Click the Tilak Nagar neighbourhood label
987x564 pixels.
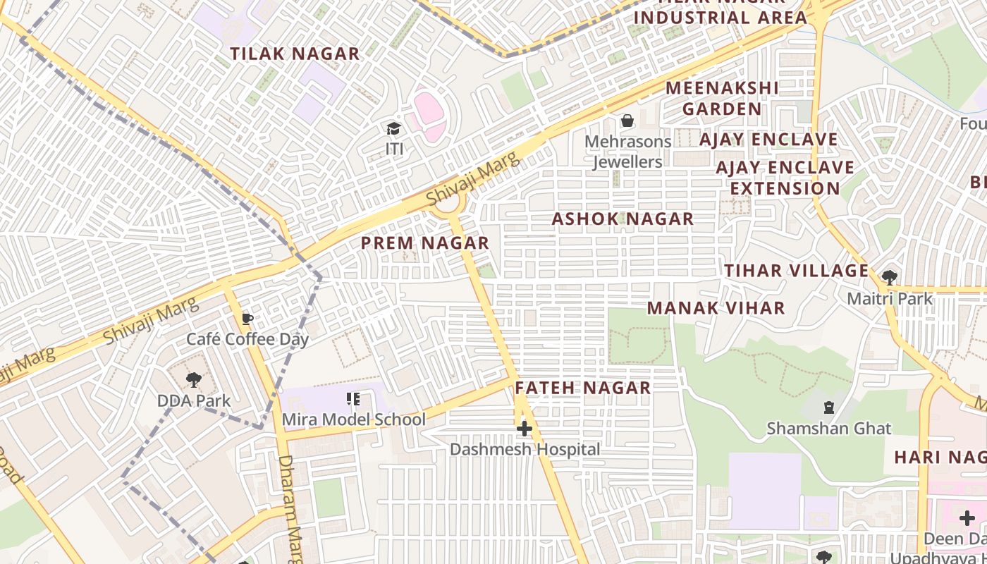[x=295, y=54]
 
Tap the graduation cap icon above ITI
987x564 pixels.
[x=393, y=129]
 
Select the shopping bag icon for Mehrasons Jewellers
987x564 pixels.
[x=627, y=121]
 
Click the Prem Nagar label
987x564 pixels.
[x=425, y=243]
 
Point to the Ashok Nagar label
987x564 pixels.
[x=623, y=219]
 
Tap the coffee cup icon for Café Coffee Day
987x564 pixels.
[x=247, y=319]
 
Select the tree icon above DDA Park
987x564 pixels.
[x=193, y=381]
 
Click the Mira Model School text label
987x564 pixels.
[x=354, y=420]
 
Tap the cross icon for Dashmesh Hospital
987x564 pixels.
[x=524, y=429]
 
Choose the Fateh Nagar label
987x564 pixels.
[x=582, y=388]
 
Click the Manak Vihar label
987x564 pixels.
[x=716, y=308]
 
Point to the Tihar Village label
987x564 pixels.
[x=797, y=271]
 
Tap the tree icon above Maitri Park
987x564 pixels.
[x=890, y=278]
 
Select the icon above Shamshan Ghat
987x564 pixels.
[x=829, y=407]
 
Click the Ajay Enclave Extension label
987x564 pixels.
[x=785, y=178]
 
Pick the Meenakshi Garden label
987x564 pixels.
[x=722, y=99]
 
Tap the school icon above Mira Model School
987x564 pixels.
[x=353, y=400]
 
